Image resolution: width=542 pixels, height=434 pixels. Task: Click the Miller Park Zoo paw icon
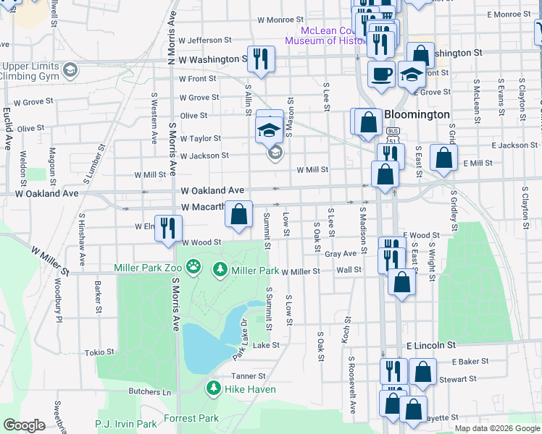pyautogui.click(x=193, y=268)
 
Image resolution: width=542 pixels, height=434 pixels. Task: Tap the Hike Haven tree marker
pyautogui.click(x=213, y=388)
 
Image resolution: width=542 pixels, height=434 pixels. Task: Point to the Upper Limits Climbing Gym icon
pyautogui.click(x=70, y=69)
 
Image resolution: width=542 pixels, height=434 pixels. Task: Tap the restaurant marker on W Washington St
pyautogui.click(x=261, y=59)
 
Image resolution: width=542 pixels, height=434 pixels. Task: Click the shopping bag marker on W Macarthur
pyautogui.click(x=239, y=214)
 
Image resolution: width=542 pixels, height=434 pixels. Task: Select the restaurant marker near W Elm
pyautogui.click(x=167, y=228)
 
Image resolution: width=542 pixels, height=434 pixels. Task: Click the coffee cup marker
pyautogui.click(x=381, y=73)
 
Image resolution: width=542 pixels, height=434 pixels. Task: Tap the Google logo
pyautogui.click(x=25, y=425)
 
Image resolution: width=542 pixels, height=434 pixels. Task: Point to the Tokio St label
pyautogui.click(x=100, y=352)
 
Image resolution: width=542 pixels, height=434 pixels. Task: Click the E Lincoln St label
pyautogui.click(x=430, y=346)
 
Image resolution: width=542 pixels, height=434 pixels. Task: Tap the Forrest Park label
pyautogui.click(x=191, y=418)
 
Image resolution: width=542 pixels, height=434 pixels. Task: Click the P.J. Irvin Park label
pyautogui.click(x=126, y=424)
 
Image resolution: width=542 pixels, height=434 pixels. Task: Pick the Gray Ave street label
pyautogui.click(x=341, y=254)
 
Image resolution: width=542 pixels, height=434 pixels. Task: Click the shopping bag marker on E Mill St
pyautogui.click(x=443, y=159)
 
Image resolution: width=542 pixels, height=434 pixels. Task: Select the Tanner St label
pyautogui.click(x=249, y=376)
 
